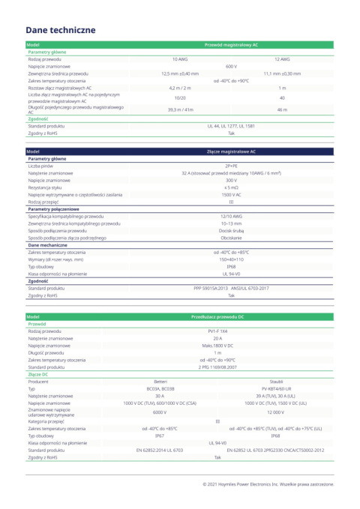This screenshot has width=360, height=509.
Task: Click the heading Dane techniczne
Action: coord(60,30)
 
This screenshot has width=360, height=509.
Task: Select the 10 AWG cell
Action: coord(180,58)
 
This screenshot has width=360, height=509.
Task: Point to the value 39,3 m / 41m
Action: coord(180,109)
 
